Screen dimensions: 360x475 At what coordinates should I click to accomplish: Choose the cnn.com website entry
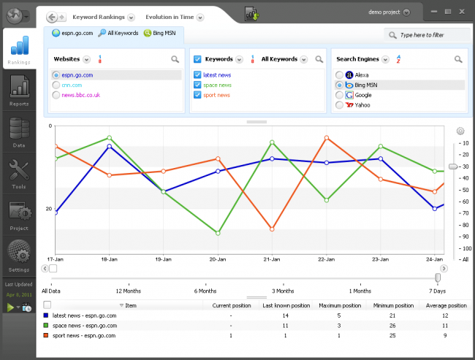[71, 85]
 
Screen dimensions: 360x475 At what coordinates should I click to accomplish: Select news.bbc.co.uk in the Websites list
[80, 95]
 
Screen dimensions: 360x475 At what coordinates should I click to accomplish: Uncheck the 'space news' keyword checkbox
[197, 85]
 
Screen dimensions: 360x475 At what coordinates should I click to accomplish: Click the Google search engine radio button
[339, 95]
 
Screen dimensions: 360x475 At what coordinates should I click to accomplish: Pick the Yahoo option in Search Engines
[339, 105]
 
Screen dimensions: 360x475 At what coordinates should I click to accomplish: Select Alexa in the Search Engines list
[339, 75]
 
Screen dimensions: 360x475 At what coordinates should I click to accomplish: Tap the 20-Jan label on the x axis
[217, 259]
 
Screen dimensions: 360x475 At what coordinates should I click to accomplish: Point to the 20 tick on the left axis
[50, 209]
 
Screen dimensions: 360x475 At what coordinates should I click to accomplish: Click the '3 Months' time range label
[283, 290]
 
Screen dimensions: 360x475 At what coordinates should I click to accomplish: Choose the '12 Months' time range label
[129, 290]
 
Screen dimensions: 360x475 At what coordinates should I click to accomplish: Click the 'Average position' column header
[446, 305]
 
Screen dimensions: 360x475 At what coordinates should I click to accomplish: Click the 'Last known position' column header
[286, 305]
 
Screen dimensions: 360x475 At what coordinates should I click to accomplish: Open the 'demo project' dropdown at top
[386, 12]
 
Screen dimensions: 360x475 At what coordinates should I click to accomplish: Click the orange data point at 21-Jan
[272, 229]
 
